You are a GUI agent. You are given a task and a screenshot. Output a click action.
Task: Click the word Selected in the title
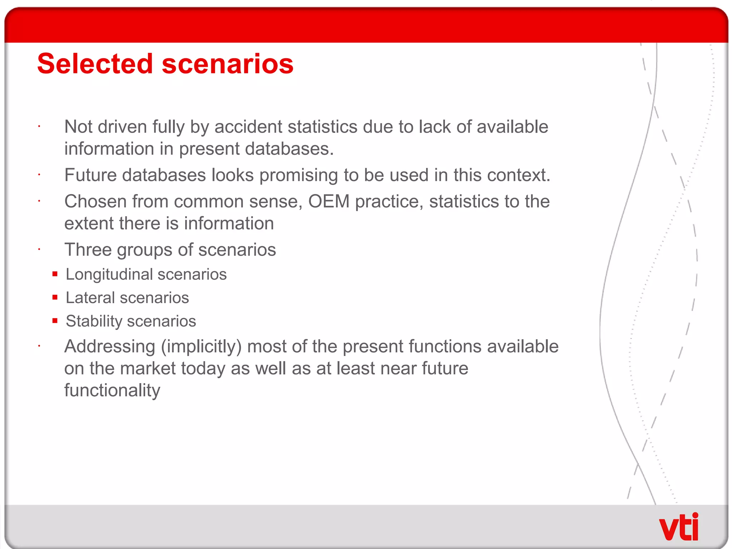click(95, 64)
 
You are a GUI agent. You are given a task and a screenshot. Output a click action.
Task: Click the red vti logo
click(678, 527)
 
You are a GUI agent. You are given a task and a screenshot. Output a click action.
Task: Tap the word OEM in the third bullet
click(328, 201)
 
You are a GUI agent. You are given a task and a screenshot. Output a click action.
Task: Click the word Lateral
click(90, 298)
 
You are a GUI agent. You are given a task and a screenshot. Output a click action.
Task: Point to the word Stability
click(94, 321)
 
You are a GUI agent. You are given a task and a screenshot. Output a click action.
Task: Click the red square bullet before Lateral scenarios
click(55, 297)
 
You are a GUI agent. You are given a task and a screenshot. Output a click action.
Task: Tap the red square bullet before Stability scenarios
click(55, 321)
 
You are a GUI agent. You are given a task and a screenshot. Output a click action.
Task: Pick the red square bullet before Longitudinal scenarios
click(55, 274)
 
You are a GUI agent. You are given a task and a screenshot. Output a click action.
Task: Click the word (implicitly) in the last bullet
click(201, 347)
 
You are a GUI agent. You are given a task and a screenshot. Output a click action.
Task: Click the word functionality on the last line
click(112, 390)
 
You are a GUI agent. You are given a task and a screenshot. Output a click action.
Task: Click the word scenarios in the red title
click(228, 64)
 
